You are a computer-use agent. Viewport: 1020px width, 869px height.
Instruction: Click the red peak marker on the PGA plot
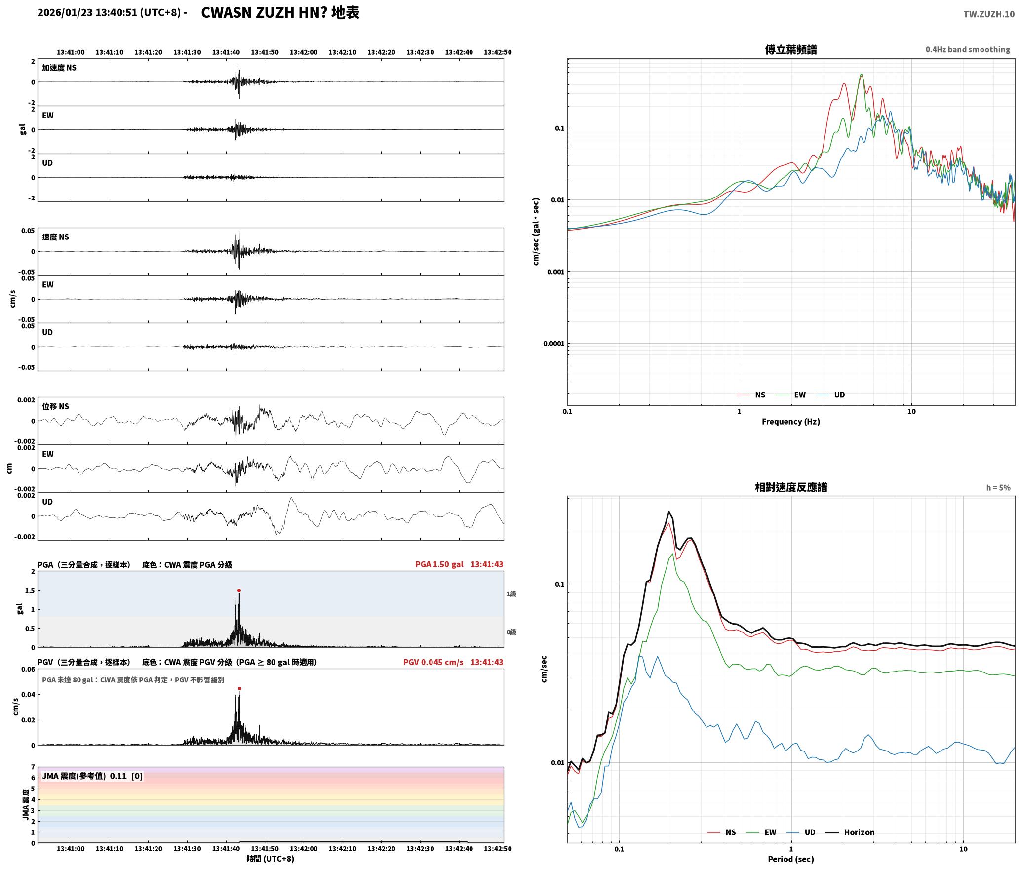[x=239, y=590]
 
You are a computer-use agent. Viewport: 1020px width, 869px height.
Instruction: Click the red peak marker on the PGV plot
[x=239, y=688]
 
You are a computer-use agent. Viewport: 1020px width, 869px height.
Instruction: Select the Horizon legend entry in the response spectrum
[x=850, y=832]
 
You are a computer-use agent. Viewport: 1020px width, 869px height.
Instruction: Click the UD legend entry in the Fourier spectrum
[x=830, y=395]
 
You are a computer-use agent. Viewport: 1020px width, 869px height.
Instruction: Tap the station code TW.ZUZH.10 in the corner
[x=989, y=14]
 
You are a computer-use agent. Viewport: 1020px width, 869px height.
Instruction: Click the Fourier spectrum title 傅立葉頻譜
[x=790, y=49]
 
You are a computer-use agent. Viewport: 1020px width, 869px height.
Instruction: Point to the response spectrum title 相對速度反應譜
[x=791, y=487]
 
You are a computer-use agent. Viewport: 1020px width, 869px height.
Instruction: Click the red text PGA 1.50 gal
[x=439, y=564]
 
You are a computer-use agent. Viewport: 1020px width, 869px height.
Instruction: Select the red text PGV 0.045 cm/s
[x=433, y=662]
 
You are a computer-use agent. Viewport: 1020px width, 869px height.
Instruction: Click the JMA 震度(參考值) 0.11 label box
[x=92, y=776]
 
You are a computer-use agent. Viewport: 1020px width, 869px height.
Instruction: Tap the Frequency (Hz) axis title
[x=790, y=421]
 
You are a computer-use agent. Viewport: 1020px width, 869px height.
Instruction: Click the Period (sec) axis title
[x=790, y=859]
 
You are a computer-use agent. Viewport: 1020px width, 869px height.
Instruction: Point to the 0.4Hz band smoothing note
[x=968, y=49]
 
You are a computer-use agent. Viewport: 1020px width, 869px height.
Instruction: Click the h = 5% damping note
[x=998, y=487]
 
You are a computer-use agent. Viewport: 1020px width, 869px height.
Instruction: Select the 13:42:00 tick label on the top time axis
[x=304, y=52]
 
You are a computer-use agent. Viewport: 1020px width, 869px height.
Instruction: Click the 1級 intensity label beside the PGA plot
[x=511, y=593]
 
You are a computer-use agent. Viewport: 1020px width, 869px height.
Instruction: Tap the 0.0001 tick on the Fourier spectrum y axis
[x=553, y=344]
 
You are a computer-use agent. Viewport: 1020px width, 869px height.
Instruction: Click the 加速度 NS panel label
[x=59, y=68]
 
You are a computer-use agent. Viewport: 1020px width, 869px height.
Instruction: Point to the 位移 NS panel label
[x=55, y=406]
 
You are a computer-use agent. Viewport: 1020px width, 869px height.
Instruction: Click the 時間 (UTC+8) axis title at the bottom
[x=270, y=859]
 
